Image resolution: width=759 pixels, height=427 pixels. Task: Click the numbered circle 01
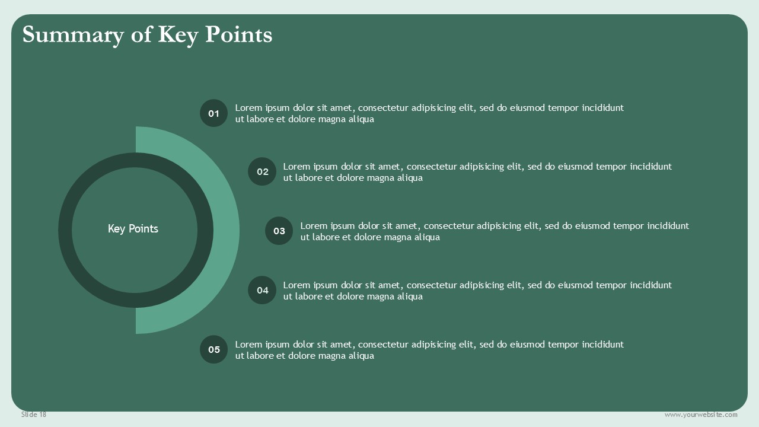click(213, 113)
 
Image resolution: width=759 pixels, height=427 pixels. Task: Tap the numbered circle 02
click(262, 171)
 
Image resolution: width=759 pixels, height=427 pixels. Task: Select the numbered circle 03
click(279, 231)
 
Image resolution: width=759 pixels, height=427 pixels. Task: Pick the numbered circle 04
click(262, 290)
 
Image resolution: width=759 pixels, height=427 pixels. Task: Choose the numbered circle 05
click(213, 349)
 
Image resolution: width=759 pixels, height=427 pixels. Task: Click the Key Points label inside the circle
click(133, 229)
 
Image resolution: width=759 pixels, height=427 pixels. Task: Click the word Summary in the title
click(73, 36)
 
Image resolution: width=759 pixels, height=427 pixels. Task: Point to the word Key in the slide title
click(177, 36)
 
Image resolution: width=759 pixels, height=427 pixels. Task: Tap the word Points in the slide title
click(238, 34)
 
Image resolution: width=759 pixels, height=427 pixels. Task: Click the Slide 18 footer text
click(34, 415)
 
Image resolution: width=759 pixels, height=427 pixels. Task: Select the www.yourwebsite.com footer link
click(701, 415)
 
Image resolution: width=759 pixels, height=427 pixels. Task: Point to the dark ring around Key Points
click(65, 230)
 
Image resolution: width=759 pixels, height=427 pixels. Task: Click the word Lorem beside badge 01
click(248, 108)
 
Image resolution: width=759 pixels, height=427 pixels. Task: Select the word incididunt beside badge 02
click(650, 167)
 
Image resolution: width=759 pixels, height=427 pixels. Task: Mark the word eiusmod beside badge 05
click(527, 345)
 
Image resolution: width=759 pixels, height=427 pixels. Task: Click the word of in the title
click(141, 34)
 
